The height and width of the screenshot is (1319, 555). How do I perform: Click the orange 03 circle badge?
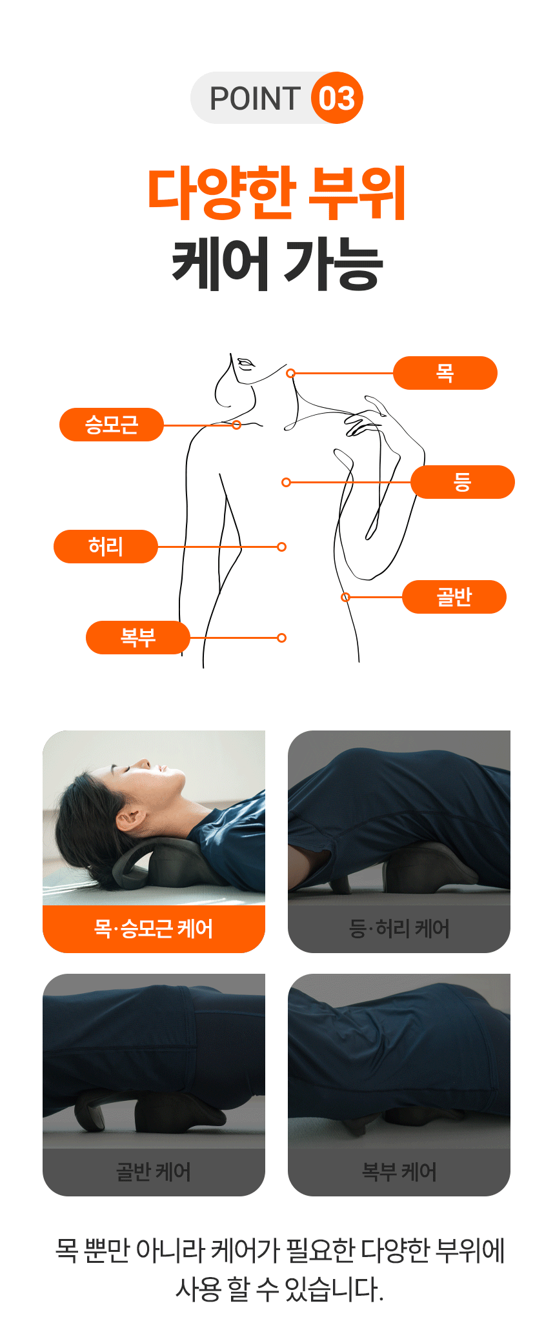coord(337,97)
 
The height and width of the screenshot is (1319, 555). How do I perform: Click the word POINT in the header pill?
coord(256,99)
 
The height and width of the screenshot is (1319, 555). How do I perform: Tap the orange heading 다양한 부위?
coord(277,193)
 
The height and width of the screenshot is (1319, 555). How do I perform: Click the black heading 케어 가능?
coord(277,263)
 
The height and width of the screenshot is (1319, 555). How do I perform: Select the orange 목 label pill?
coord(445,373)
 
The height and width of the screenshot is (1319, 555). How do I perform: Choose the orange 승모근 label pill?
coord(112,425)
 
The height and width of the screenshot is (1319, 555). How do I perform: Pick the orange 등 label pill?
coord(463,482)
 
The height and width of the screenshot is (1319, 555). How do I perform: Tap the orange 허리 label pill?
coord(106,547)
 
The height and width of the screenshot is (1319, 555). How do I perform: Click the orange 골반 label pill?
coord(454,597)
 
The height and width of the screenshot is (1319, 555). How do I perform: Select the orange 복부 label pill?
coord(138,638)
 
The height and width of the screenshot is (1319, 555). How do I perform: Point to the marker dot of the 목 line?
coord(291,373)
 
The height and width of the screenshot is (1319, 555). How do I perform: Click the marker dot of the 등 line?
coord(287,482)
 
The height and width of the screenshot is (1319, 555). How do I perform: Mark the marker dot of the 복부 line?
coord(281,638)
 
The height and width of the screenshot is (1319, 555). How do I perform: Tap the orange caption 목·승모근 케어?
coord(154,929)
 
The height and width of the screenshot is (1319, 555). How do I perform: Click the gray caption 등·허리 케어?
coord(399,929)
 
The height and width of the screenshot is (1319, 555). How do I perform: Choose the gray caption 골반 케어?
coord(154,1172)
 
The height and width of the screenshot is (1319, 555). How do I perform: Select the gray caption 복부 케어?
coord(399,1172)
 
